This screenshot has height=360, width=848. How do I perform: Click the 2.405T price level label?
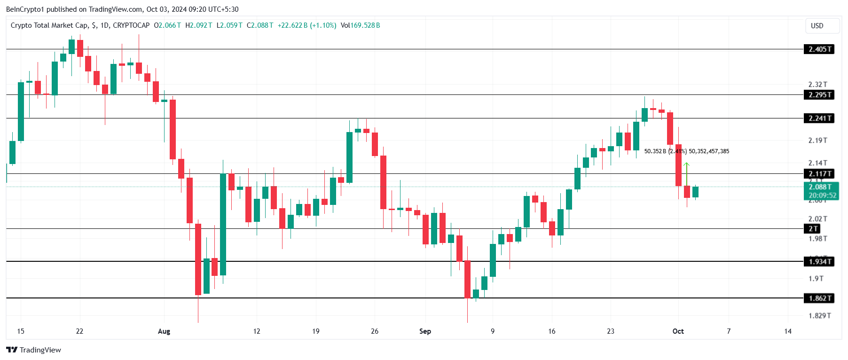coord(819,49)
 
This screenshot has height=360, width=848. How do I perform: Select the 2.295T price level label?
coord(819,95)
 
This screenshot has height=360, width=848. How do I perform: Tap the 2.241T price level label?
coord(819,118)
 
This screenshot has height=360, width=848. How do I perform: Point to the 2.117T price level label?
coord(819,174)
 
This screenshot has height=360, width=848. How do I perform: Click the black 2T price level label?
coord(813,229)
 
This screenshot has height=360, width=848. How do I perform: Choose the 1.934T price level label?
coord(819,262)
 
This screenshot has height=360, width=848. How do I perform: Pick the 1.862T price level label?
coord(819,298)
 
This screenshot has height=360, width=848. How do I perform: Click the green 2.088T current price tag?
coord(821,187)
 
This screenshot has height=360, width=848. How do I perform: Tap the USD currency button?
coord(817,26)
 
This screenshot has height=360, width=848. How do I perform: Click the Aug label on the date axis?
coord(164,331)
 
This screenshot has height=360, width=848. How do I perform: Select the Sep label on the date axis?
coord(425,331)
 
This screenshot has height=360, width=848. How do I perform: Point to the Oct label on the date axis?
coord(678,331)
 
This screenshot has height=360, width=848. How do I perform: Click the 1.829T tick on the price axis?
coord(819,316)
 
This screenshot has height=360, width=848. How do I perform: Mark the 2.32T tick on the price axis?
coord(817,85)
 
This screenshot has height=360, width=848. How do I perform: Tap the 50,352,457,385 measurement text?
coord(709,151)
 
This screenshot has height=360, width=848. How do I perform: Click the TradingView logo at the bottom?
coord(34,350)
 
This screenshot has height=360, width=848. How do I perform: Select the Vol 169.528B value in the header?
coord(361,25)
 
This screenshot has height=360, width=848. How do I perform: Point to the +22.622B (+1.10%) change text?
coord(307,25)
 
